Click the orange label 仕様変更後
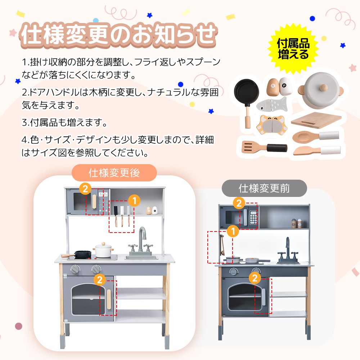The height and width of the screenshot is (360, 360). (114, 173)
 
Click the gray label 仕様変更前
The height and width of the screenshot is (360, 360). (264, 188)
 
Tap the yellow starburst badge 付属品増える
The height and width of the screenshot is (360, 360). (293, 49)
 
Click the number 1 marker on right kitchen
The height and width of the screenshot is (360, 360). (233, 231)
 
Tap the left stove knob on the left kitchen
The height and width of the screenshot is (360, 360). (75, 269)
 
